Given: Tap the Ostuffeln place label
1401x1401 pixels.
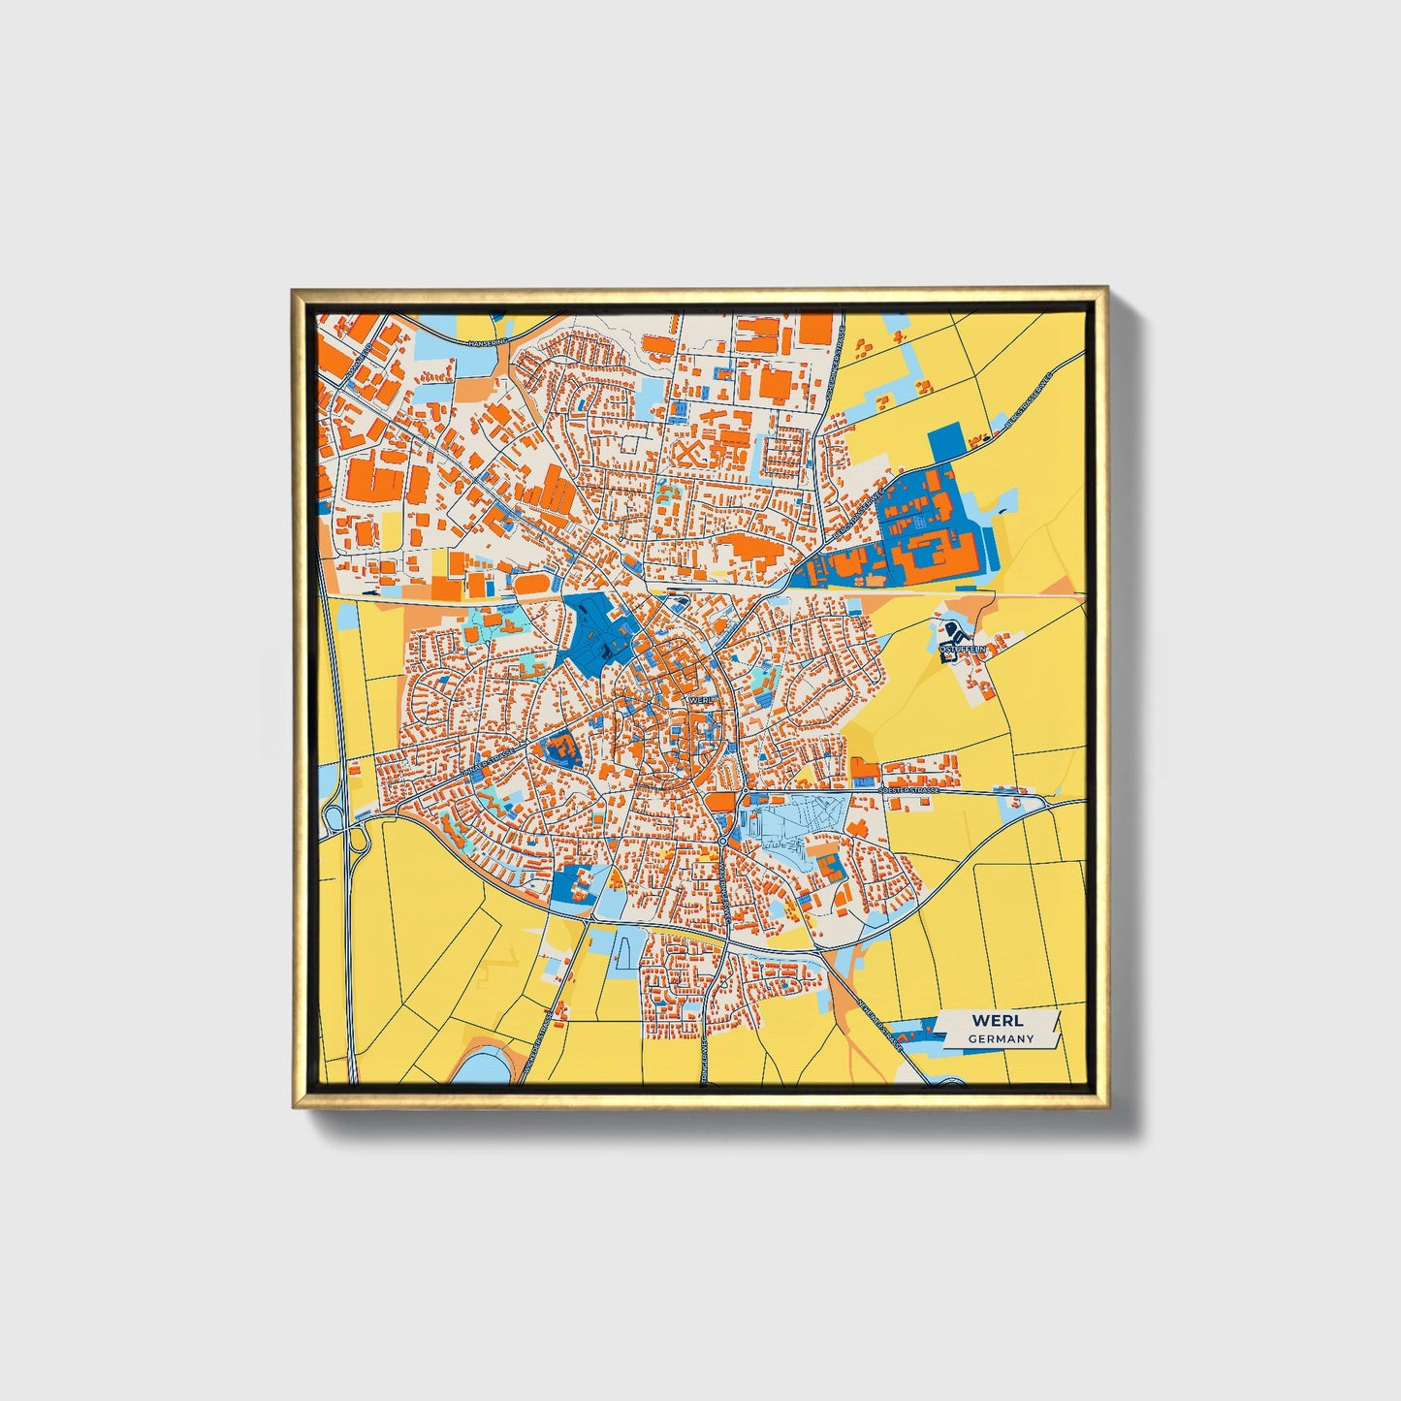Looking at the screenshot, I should pyautogui.click(x=962, y=648).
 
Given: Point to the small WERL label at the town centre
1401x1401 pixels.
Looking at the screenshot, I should pyautogui.click(x=699, y=699).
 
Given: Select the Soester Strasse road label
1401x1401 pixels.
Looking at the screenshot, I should pyautogui.click(x=910, y=791).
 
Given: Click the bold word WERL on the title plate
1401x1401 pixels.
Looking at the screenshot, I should pyautogui.click(x=997, y=1020).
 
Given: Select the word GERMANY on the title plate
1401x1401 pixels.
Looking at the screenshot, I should pyautogui.click(x=1001, y=1038).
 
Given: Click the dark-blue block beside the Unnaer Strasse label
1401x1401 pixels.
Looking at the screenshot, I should pyautogui.click(x=558, y=748).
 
